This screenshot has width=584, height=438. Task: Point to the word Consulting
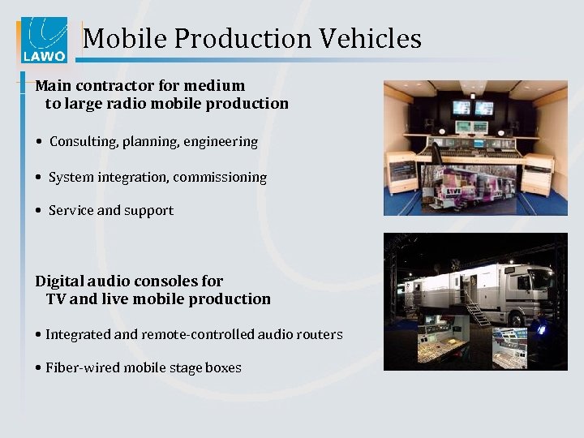84,142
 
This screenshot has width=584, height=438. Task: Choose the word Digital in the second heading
62,281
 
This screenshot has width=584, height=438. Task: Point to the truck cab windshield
539,281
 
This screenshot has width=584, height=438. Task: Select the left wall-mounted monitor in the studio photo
461,107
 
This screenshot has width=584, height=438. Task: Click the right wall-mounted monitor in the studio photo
484,108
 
